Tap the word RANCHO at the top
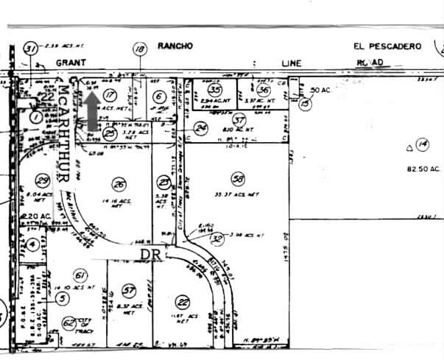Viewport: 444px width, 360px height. [x=175, y=46]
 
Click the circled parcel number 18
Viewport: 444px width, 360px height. [x=140, y=50]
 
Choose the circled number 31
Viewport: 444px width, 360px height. [x=30, y=49]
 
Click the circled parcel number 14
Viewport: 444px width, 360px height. [x=421, y=144]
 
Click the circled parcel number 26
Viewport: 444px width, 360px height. [x=118, y=184]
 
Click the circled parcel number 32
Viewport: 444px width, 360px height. [x=216, y=238]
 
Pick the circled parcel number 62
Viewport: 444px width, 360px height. [x=69, y=321]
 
